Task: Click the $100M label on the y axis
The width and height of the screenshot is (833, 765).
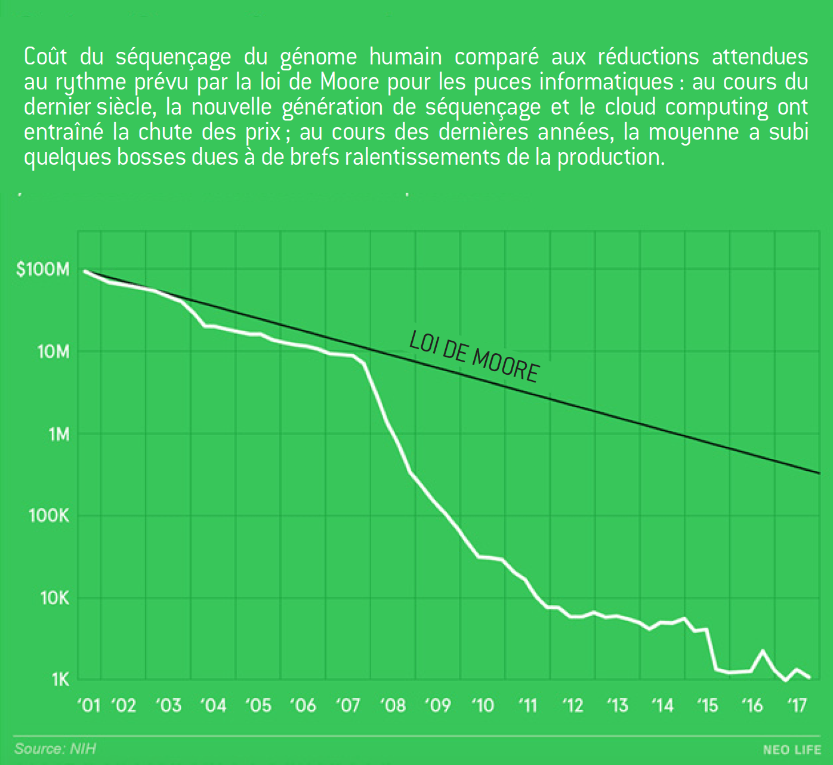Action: [x=43, y=270]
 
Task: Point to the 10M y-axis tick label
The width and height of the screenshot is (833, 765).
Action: [x=53, y=352]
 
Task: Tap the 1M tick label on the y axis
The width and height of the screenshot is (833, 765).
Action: [x=59, y=434]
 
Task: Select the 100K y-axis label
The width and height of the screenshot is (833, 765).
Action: [x=49, y=516]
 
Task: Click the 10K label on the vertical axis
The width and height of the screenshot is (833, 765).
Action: [x=54, y=597]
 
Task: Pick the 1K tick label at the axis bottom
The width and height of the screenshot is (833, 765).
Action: [x=60, y=680]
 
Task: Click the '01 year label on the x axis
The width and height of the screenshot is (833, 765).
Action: [x=89, y=706]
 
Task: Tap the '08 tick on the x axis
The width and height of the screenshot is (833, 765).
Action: [x=393, y=706]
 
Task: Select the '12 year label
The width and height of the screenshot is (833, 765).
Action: [x=572, y=706]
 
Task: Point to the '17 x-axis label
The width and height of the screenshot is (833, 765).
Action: [x=797, y=706]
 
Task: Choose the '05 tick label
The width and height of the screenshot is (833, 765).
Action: [x=258, y=706]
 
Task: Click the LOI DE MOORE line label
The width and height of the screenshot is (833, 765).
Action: [x=474, y=357]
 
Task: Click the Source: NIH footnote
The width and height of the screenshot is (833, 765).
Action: [x=55, y=749]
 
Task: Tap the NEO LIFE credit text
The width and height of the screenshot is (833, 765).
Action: [x=791, y=750]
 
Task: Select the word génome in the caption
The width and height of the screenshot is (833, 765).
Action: [x=318, y=57]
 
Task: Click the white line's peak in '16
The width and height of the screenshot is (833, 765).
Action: [x=763, y=650]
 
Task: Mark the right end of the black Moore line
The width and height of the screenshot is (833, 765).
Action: [x=819, y=473]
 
